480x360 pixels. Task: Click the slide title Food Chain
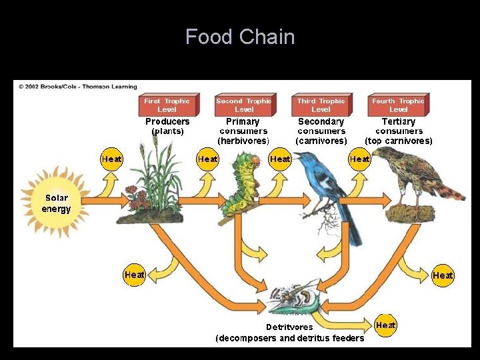[240, 37]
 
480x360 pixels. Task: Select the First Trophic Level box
[167, 105]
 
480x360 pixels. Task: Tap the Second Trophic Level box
[244, 105]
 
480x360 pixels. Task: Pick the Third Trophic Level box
[321, 105]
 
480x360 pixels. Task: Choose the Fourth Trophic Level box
[398, 105]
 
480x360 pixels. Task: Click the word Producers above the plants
[167, 121]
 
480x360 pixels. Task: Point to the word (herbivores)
[243, 141]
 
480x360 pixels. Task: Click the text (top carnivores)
[398, 141]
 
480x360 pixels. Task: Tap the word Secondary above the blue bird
[321, 121]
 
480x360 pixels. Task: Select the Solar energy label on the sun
[56, 203]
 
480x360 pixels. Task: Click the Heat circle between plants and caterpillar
[208, 159]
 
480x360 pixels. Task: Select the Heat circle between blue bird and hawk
[359, 159]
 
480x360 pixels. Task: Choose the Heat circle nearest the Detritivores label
[385, 325]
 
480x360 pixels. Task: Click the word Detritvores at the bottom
[289, 327]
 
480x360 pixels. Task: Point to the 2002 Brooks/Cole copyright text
[77, 87]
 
